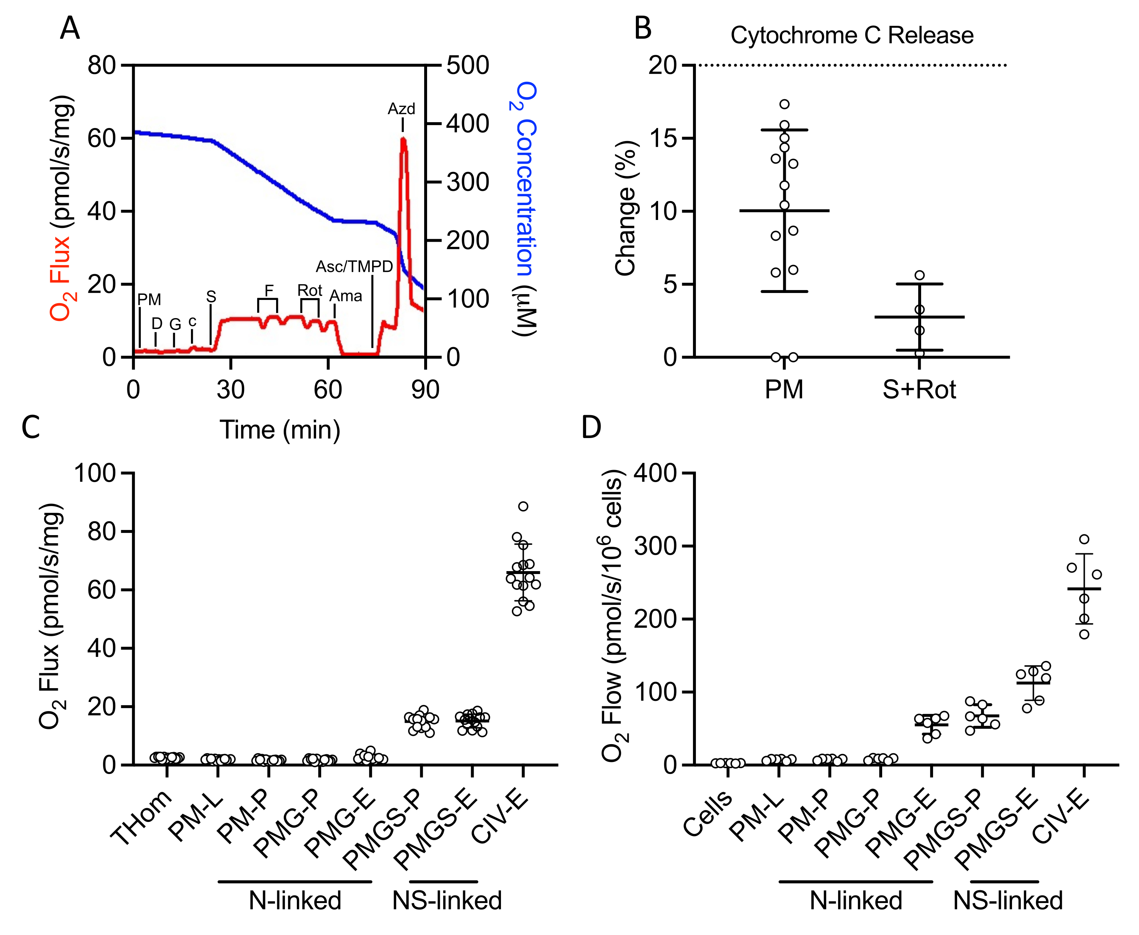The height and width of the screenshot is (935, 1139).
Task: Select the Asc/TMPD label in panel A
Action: pos(354,266)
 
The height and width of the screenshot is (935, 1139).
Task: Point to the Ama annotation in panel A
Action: pos(346,296)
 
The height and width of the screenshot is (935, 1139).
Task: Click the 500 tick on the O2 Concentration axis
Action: pos(467,66)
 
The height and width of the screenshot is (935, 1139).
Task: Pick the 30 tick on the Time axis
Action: pos(231,389)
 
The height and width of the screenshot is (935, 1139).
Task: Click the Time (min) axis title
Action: pos(280,430)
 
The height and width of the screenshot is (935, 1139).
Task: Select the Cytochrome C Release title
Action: pos(852,36)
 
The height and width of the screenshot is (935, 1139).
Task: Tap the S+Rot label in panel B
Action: pos(919,389)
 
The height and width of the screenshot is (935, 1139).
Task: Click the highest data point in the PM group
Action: pos(784,104)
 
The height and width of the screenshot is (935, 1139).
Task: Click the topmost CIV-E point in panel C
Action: pos(523,506)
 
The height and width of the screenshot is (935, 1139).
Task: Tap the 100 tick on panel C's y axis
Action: pos(95,473)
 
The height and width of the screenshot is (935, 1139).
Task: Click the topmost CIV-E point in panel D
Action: pos(1084,539)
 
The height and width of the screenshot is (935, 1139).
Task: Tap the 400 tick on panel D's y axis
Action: pos(655,473)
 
